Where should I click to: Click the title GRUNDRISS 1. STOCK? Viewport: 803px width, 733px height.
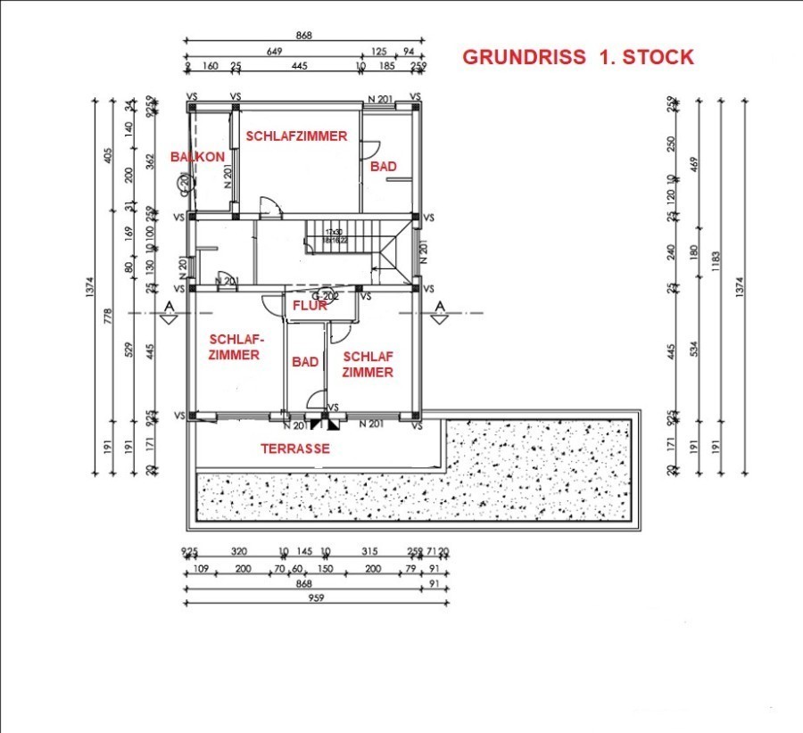tap(577, 58)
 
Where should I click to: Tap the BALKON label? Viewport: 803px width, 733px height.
tap(198, 156)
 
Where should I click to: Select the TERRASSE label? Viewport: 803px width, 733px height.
tap(295, 449)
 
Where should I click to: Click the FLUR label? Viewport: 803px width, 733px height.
tap(310, 306)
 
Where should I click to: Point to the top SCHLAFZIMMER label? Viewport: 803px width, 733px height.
tap(296, 136)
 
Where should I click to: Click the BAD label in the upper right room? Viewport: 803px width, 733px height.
tap(384, 167)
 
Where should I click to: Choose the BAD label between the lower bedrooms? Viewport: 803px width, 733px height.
tap(305, 362)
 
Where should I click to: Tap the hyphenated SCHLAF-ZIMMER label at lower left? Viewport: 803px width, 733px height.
tap(234, 347)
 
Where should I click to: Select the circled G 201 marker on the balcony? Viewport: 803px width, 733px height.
tap(182, 184)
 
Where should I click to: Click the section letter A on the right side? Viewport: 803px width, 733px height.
tap(439, 307)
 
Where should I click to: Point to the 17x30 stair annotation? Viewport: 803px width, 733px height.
tap(334, 232)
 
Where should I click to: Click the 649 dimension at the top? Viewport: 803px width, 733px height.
tap(274, 52)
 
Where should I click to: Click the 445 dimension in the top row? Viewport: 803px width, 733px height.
tap(299, 66)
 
